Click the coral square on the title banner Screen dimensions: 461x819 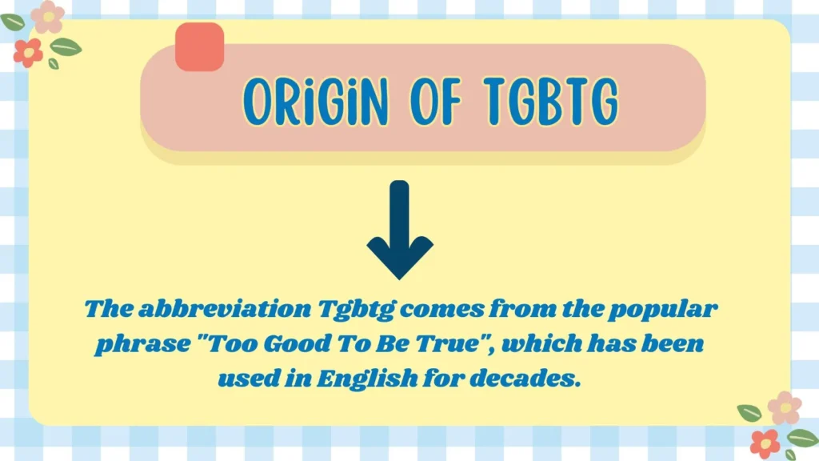tap(199, 46)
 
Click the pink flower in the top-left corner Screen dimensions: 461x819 tap(49, 17)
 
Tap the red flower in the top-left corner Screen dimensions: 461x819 tap(28, 52)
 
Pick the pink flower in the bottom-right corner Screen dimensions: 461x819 tap(785, 408)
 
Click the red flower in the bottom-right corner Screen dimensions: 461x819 tap(765, 443)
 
